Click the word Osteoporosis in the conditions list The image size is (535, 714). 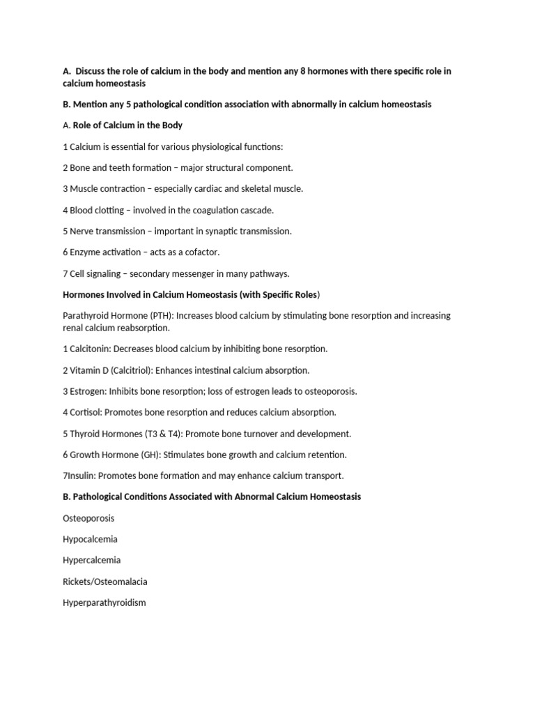pyautogui.click(x=88, y=518)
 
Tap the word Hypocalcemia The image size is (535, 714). pyautogui.click(x=90, y=539)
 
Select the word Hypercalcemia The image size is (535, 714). pyautogui.click(x=91, y=560)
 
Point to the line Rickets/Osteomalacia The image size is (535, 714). pyautogui.click(x=104, y=582)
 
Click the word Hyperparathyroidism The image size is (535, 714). pyautogui.click(x=104, y=602)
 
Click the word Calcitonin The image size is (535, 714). pyautogui.click(x=91, y=349)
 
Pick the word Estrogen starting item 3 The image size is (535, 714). pyautogui.click(x=88, y=391)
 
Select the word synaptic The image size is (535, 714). pyautogui.click(x=232, y=231)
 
